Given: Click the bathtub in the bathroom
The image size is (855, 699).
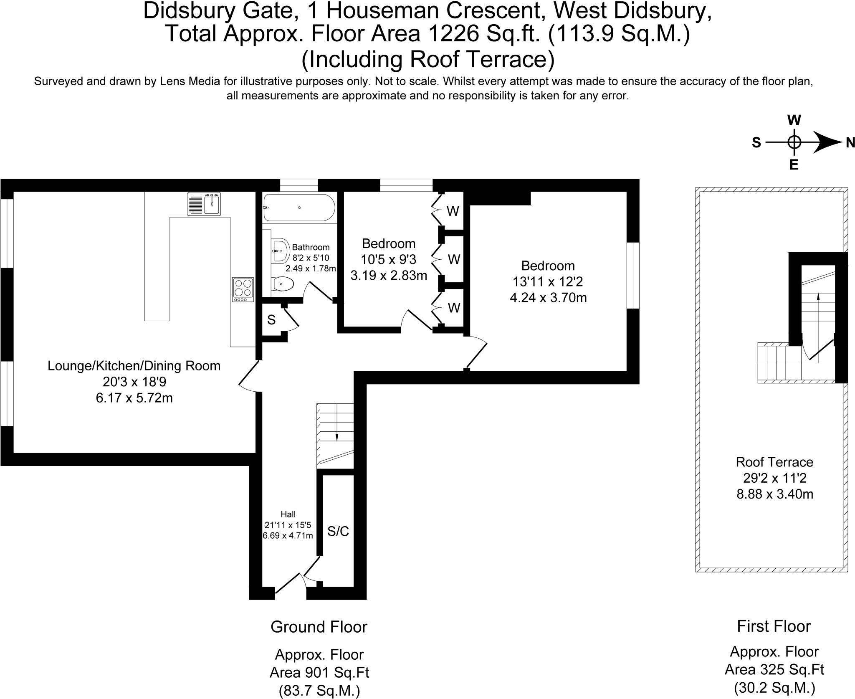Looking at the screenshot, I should coord(299,208).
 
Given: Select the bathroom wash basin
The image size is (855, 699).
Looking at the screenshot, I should coord(281,251).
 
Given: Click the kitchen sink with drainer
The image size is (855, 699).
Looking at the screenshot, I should coord(204,204).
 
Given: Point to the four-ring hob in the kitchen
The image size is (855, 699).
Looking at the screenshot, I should coord(243,289).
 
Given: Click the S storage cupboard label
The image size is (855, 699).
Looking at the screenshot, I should coord(271,320).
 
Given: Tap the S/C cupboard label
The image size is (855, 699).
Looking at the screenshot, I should coord(338,531).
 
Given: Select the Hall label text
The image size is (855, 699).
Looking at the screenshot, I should coord(288,514).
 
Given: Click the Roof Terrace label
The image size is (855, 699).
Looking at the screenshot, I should coord(774,462).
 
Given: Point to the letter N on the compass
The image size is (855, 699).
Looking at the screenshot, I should coord(850,143).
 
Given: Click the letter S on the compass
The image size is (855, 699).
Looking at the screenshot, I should coord(756,143).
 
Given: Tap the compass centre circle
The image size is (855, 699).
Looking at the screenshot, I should coord(794,143).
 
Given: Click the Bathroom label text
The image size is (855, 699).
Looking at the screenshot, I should coord(311,247).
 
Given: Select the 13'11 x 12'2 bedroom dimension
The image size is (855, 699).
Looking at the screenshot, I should coord(548,282).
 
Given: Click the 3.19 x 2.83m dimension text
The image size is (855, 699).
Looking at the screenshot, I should coord(389,276).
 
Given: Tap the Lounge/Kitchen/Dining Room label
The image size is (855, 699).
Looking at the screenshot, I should coord(134,366).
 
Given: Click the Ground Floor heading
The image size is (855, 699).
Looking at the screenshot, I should coord(319,627).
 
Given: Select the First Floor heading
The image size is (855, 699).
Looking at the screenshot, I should coord(774,626).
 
